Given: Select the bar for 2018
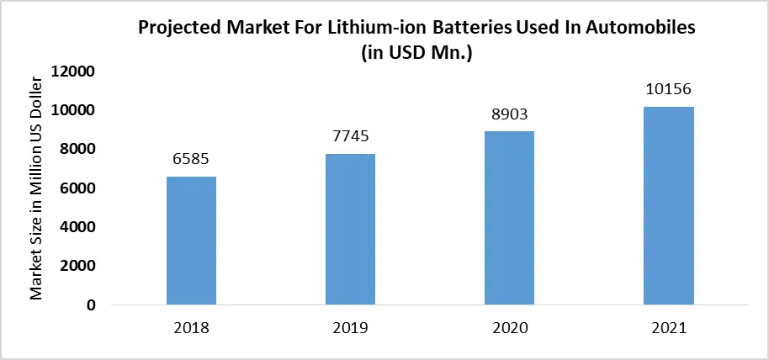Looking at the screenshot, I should [191, 241].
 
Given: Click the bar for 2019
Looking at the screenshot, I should [350, 229].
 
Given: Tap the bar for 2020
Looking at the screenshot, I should [510, 218].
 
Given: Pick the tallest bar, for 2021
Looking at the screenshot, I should [669, 205].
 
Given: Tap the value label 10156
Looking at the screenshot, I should [669, 90].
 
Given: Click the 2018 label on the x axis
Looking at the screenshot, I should [191, 328].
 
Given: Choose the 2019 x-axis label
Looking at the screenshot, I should [350, 328].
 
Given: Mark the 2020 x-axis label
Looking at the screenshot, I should [510, 328].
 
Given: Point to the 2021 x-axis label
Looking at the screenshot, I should [669, 328].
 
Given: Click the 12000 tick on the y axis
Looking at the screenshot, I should [75, 71].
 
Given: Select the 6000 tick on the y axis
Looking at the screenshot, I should [78, 188].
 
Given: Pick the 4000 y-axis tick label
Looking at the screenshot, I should [78, 227].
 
